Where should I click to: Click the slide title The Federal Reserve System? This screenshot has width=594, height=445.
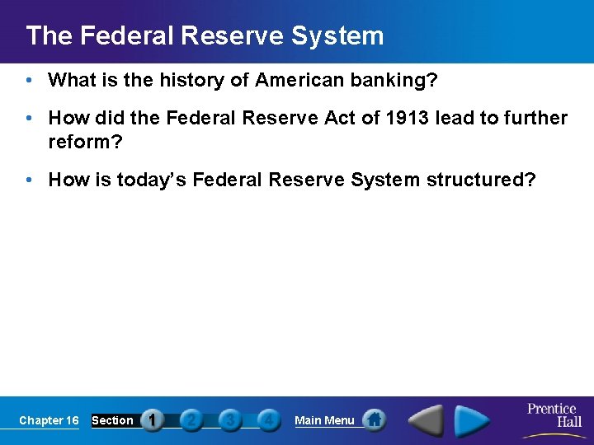point(205,35)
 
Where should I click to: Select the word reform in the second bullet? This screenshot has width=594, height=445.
point(79,142)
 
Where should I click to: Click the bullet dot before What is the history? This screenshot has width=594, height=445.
point(30,80)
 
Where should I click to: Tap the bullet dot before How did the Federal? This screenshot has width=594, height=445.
point(30,119)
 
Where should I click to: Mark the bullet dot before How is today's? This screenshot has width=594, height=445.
point(30,180)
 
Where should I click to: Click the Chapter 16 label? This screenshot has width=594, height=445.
point(49,420)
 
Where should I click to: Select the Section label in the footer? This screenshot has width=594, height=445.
point(112,420)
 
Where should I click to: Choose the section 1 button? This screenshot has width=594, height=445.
point(153,420)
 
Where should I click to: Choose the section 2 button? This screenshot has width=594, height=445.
point(191,420)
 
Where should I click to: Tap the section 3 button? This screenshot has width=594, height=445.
point(229,420)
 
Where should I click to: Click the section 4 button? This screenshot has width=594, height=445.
point(267,420)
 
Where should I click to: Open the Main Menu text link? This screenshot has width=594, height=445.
point(324,420)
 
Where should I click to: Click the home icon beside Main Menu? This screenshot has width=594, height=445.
point(374,420)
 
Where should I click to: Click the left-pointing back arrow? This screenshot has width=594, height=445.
point(427,420)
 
